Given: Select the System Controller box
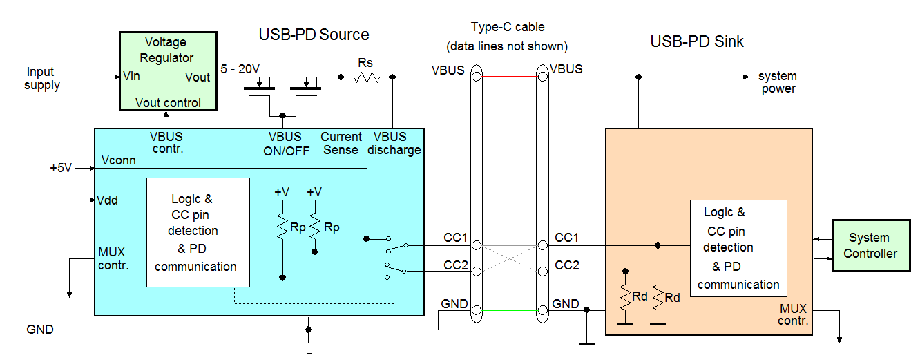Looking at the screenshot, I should (870, 246).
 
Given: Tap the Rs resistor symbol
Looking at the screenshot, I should (366, 77).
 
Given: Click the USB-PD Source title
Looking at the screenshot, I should (314, 35).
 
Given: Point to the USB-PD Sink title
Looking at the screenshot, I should (697, 41).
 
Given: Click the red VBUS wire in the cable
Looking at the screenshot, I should (509, 77).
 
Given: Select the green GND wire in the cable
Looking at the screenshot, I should (509, 310).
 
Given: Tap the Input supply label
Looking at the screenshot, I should (41, 79).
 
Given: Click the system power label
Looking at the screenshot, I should (778, 82).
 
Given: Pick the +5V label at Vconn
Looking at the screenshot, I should (60, 168).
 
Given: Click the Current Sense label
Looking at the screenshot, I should (341, 144).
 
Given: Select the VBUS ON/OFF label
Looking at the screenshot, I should (285, 144).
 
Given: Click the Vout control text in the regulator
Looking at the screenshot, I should (168, 103).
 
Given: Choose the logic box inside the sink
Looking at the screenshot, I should (738, 248).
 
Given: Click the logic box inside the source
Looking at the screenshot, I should (198, 232).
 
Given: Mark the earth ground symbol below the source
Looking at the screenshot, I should (308, 345).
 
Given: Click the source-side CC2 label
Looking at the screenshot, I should (456, 265).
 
